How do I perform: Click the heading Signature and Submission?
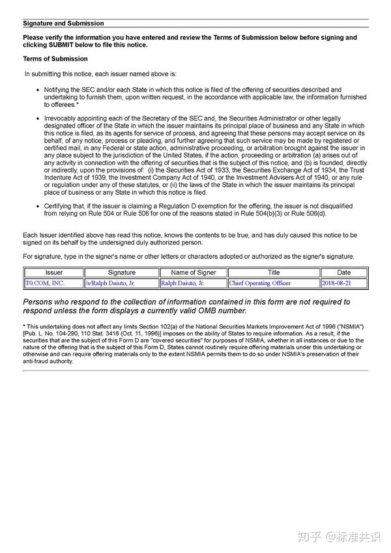pos(63,23)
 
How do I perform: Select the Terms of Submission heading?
pos(55,59)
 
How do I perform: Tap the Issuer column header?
pos(54,272)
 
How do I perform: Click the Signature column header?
pos(121,272)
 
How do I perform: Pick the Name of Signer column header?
pos(193,272)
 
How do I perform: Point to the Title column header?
pos(274,272)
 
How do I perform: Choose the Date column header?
pos(344,272)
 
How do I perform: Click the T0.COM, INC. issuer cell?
pos(45,283)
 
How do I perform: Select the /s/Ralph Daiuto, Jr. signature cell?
pos(111,283)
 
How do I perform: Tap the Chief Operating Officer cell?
pos(259,283)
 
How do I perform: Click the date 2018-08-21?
pos(336,283)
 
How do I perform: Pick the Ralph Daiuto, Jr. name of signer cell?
pos(182,283)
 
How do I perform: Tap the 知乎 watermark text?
pos(309,536)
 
